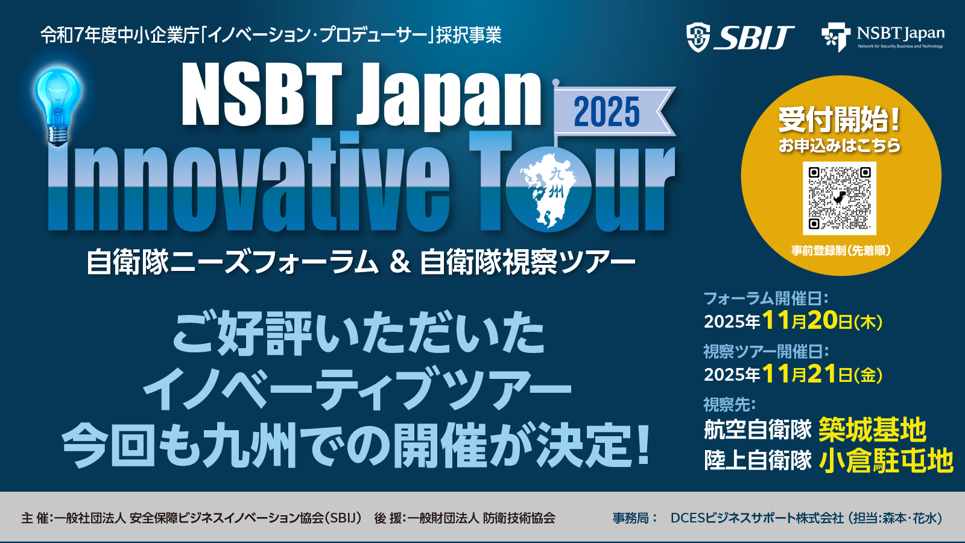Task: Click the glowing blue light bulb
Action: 58,106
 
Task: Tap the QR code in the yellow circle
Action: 840,198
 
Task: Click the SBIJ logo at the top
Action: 740,37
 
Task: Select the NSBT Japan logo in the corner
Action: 883,37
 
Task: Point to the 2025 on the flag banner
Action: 607,112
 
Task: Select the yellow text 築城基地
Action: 872,430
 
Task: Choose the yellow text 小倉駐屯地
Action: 886,461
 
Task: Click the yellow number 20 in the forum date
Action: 823,320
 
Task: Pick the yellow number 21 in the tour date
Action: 821,373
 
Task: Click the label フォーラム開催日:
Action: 766,298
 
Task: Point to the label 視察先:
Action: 729,405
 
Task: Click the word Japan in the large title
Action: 449,97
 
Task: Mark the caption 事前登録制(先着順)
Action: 841,251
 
